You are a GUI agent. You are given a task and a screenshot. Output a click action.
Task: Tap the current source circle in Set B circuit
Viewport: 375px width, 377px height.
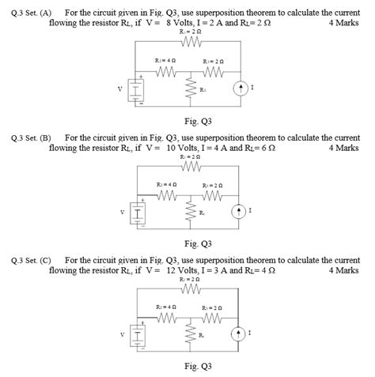(238, 212)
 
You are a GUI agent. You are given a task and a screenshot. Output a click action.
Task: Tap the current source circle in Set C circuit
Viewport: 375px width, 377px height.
(238, 335)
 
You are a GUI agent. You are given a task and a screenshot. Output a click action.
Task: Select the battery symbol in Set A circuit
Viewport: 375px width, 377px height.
(136, 89)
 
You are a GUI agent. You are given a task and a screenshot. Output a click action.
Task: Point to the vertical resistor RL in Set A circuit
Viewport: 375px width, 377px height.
(188, 89)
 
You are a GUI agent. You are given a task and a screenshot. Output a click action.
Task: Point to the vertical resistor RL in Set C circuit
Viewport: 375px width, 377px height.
(188, 335)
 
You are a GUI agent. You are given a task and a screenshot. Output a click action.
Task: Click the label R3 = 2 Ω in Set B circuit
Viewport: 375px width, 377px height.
(211, 185)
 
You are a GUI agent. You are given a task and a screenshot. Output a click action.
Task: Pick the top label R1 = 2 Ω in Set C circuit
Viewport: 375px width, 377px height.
(188, 280)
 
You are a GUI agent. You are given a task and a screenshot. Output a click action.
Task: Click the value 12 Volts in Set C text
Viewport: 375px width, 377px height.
(176, 270)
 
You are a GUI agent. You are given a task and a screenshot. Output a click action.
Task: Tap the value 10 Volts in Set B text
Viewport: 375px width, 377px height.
(176, 148)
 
